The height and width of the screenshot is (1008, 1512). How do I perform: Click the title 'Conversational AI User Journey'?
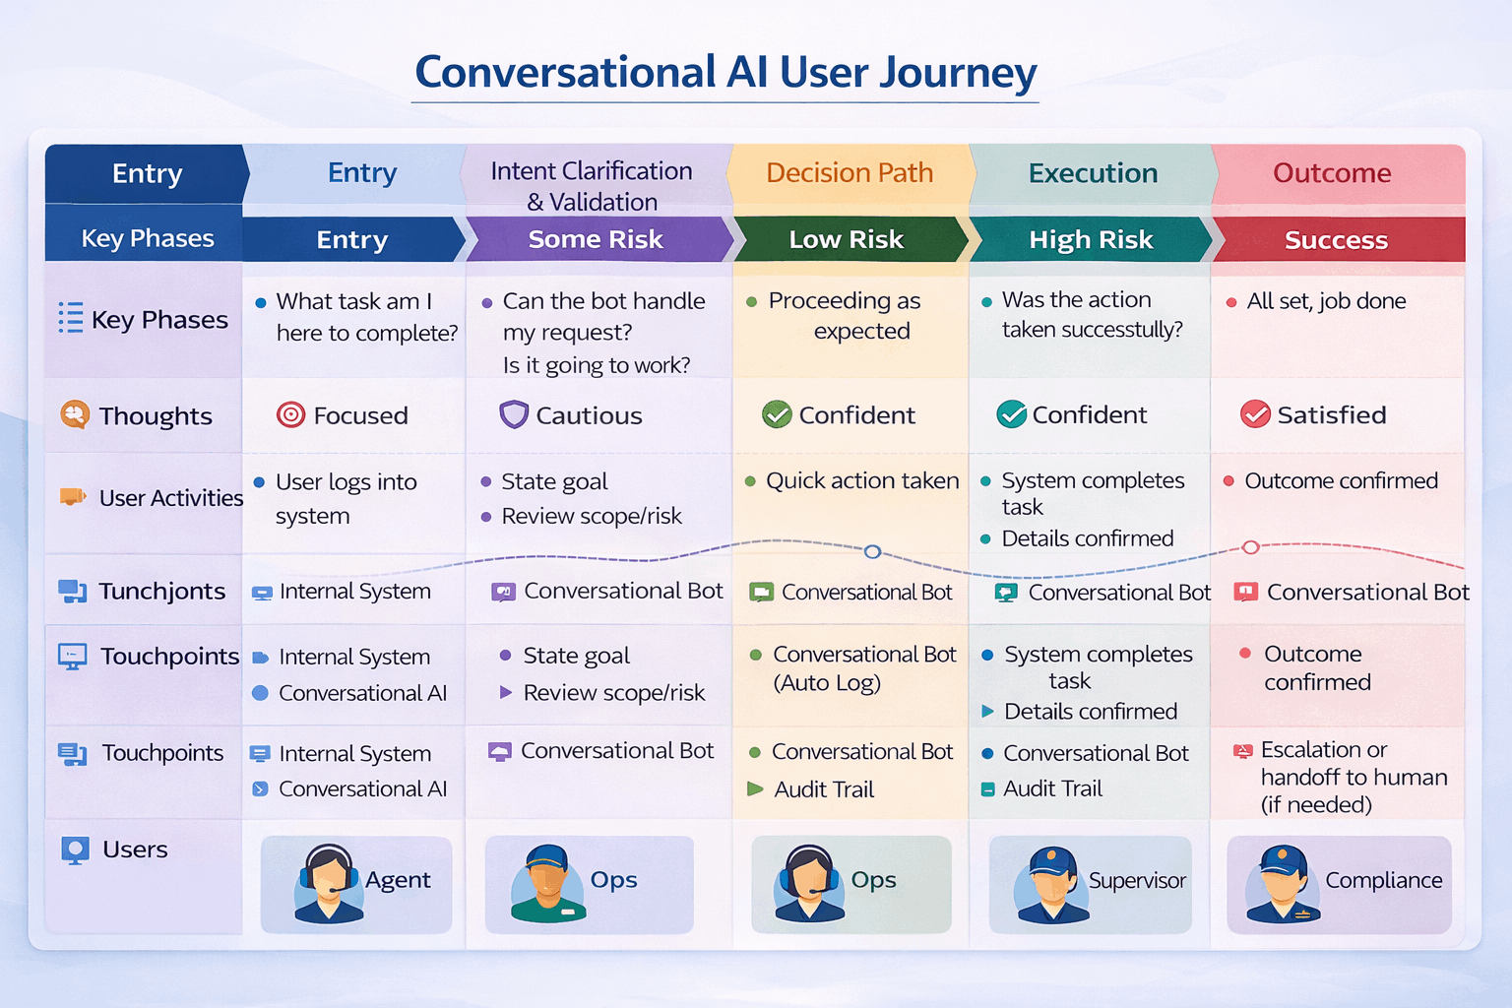click(x=725, y=73)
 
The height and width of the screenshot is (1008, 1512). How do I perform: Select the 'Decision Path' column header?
click(x=849, y=173)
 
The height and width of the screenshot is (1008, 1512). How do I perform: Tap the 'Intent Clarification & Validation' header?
click(x=592, y=186)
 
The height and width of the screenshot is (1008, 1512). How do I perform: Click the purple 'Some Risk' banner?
click(x=596, y=239)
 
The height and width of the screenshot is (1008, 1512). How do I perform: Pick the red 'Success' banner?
click(x=1336, y=240)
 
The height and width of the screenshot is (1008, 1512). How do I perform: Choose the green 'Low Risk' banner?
click(x=846, y=239)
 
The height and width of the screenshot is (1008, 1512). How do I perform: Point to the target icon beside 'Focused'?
click(x=290, y=414)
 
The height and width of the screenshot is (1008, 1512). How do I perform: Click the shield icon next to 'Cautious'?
click(x=514, y=414)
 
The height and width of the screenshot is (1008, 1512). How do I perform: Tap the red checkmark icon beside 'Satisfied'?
click(x=1255, y=414)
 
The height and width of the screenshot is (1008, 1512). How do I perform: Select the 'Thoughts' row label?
click(x=155, y=416)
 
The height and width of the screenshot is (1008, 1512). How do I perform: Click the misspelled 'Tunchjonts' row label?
click(x=161, y=591)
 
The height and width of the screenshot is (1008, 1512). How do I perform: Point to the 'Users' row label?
click(x=135, y=850)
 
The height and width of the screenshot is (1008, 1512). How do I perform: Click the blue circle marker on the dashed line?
click(x=872, y=551)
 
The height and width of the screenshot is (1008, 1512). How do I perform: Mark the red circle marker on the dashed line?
click(x=1250, y=546)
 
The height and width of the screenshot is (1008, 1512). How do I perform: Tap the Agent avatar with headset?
click(x=328, y=882)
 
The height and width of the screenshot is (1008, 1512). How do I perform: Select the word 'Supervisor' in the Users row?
click(x=1137, y=881)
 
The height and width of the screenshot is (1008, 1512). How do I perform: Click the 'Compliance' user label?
click(x=1383, y=880)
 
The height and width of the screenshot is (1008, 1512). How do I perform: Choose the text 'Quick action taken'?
click(x=862, y=480)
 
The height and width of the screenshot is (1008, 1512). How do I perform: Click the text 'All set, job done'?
click(x=1326, y=301)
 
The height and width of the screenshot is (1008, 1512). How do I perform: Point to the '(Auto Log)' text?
click(x=827, y=683)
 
